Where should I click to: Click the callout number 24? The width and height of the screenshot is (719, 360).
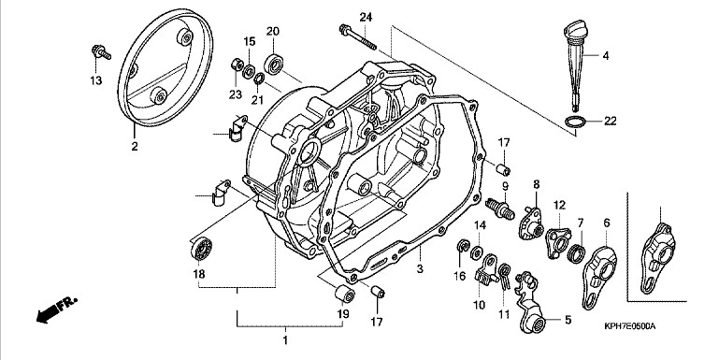(x=366, y=18)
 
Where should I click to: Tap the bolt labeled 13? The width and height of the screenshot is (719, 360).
(x=101, y=52)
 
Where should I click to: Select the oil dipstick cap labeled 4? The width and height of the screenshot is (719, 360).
(x=576, y=65)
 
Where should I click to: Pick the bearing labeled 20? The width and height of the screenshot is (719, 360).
(x=273, y=65)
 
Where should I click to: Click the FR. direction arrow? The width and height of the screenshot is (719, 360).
(x=57, y=310)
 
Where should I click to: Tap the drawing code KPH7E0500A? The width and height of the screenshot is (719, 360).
(x=629, y=326)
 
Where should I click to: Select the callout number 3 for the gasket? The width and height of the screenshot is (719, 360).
(x=420, y=269)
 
